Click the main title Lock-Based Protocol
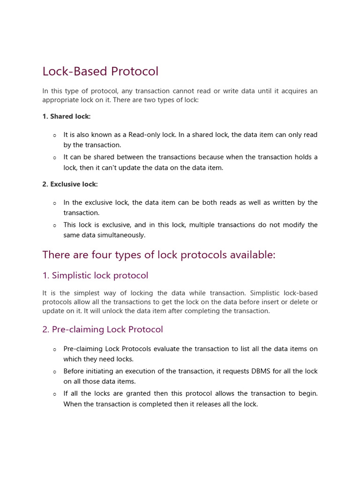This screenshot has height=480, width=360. click(100, 71)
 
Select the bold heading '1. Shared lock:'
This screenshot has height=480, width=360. click(66, 116)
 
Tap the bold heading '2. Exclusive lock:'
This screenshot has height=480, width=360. click(70, 184)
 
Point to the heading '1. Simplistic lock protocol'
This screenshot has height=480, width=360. click(95, 276)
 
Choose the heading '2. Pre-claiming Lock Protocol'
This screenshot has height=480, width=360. click(103, 330)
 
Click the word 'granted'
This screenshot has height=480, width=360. click(135, 394)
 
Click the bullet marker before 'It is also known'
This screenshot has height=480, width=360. click(54, 135)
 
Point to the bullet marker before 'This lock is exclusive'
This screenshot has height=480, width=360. click(54, 225)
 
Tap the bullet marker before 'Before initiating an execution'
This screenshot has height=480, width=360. click(54, 372)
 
